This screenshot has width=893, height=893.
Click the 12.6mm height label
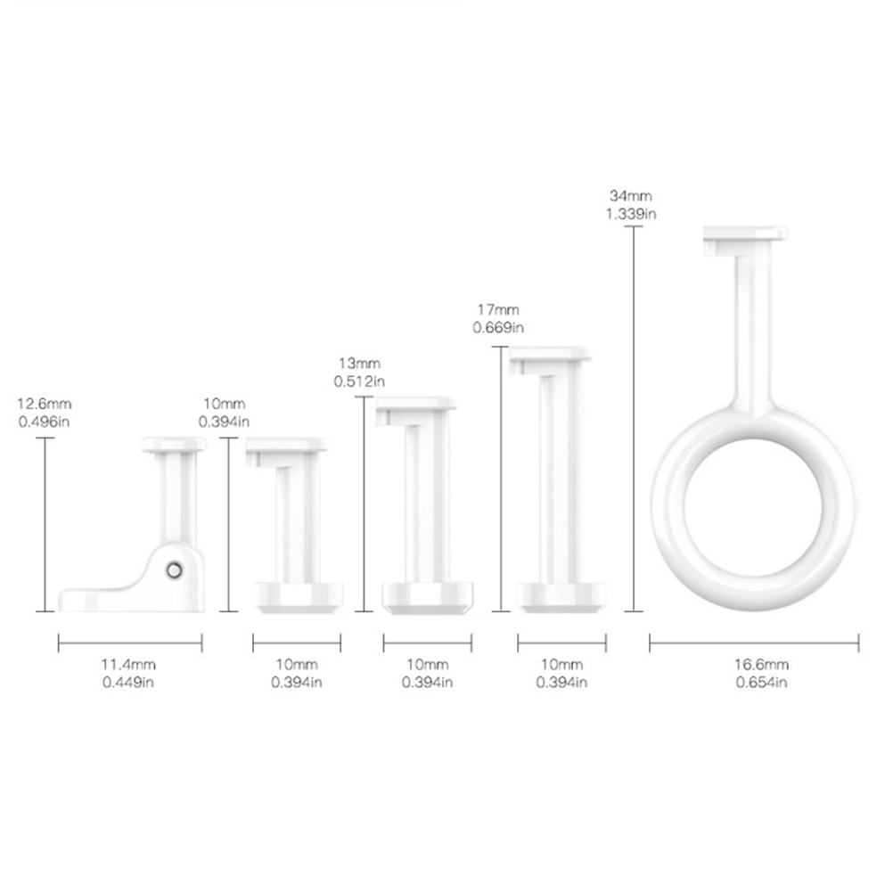coord(45,404)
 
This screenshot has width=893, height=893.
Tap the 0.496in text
coord(44,422)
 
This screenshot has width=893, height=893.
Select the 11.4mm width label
coord(128,664)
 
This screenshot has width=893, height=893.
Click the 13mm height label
coord(359,364)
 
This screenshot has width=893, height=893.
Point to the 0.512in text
coord(359,381)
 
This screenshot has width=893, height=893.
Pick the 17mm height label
coord(498,310)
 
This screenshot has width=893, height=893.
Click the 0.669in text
coord(498,328)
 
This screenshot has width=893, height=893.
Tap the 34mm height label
coord(631,196)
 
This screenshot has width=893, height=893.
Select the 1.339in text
coord(631,214)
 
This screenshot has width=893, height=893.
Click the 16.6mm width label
coord(761,664)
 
